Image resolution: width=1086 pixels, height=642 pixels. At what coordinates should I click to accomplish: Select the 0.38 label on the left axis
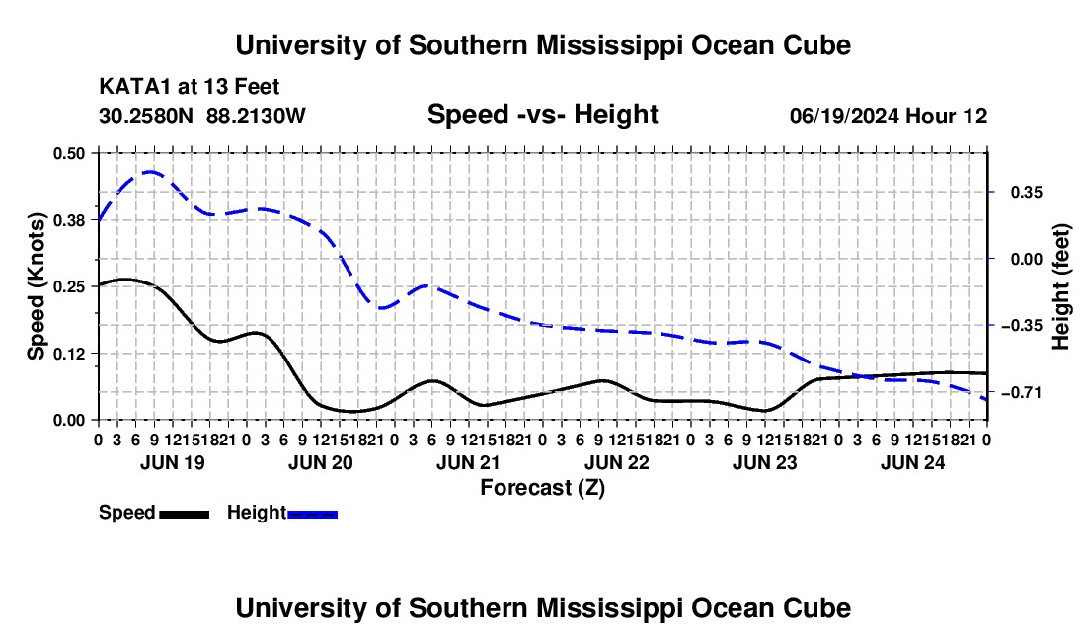tap(69, 220)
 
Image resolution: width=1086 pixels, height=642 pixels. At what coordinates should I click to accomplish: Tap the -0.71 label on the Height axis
tap(1026, 393)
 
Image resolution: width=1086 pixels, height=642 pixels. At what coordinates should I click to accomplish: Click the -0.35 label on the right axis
tap(1026, 326)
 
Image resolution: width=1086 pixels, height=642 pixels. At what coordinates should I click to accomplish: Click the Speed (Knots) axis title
tap(37, 286)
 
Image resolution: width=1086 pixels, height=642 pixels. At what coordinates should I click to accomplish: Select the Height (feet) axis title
tap(1061, 286)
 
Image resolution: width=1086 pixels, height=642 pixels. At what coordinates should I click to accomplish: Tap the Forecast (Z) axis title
tap(543, 488)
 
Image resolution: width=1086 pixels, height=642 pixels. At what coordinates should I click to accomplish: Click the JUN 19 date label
tap(173, 462)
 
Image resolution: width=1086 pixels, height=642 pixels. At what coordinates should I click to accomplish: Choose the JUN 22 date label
tap(617, 462)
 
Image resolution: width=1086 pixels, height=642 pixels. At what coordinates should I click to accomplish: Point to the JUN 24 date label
tap(913, 462)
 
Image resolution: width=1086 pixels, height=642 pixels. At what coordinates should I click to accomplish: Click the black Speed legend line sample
tap(185, 515)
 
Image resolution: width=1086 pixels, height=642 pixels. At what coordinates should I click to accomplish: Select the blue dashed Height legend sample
tap(312, 515)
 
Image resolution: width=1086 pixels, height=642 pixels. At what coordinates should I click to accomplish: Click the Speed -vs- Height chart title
tap(543, 115)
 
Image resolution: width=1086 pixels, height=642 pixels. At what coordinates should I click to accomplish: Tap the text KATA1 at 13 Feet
tap(190, 87)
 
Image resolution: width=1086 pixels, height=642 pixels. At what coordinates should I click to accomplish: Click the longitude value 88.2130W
tap(256, 116)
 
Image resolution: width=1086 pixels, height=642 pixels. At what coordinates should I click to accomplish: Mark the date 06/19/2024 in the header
tap(845, 116)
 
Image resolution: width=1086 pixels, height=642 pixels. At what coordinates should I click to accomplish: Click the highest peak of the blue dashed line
tap(150, 172)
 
